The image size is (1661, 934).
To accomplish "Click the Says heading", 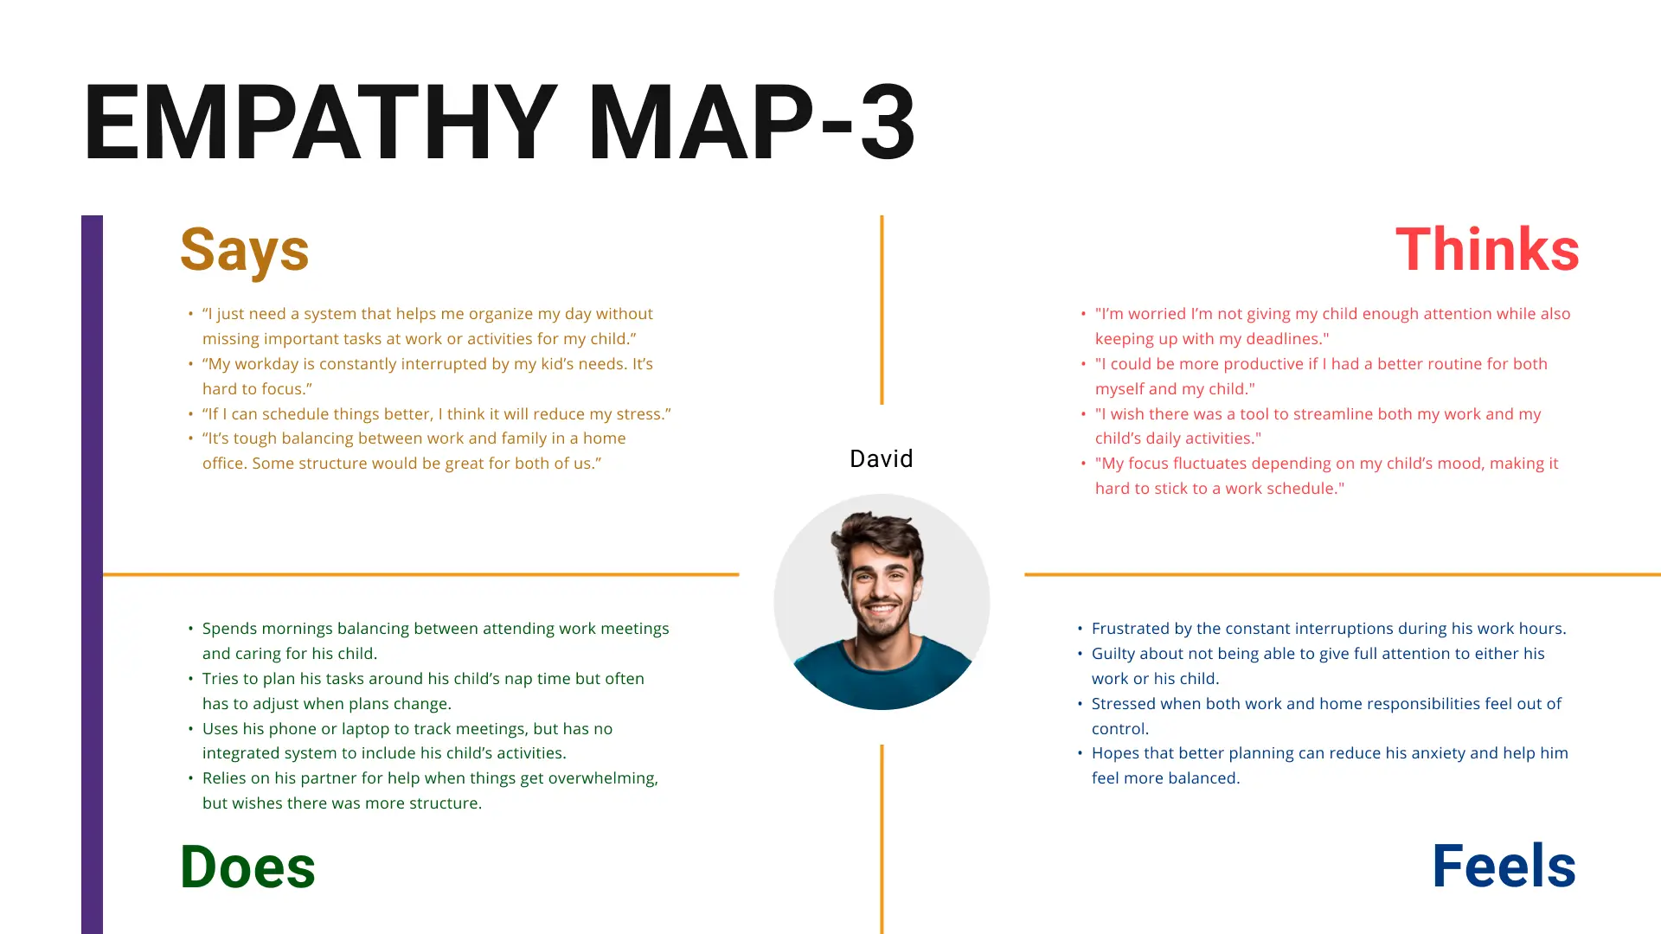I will pyautogui.click(x=244, y=250).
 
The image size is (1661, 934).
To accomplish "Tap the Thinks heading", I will pyautogui.click(x=1487, y=250).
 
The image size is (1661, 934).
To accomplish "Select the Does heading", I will pyautogui.click(x=247, y=867).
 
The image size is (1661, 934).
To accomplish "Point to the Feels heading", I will pyautogui.click(x=1504, y=867).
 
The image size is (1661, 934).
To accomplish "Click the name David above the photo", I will pyautogui.click(x=881, y=458).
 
